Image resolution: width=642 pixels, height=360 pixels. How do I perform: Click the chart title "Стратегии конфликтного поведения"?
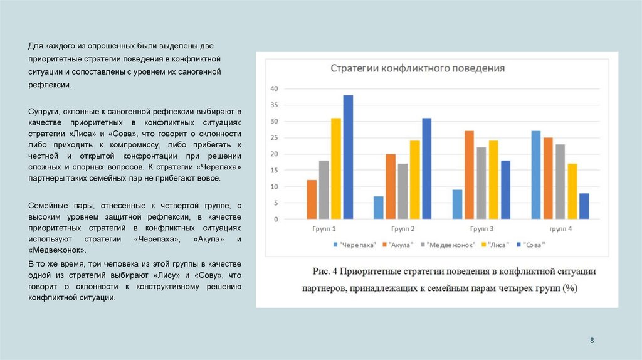coord(418,68)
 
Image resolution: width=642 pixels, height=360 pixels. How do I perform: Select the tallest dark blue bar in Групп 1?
coord(348,157)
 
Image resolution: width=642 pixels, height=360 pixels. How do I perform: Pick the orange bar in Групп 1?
coord(312,199)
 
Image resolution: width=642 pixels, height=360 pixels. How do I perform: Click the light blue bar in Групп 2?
coord(378,208)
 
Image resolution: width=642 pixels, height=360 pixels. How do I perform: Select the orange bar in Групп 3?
coord(469,175)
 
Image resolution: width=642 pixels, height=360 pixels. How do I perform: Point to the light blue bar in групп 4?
coord(536,175)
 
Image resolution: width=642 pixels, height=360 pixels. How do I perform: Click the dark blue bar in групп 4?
coord(584,206)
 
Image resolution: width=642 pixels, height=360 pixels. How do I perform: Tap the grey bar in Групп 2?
coord(403,191)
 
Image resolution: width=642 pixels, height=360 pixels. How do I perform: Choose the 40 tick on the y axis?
coord(273,88)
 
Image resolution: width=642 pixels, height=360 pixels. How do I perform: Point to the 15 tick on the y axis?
coord(273,171)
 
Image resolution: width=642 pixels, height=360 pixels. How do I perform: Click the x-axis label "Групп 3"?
coord(481,230)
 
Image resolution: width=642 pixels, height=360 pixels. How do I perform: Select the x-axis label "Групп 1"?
coord(324,230)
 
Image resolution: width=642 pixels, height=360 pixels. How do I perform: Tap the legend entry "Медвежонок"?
coord(451,245)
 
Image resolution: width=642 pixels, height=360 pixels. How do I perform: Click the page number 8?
coord(592,340)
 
